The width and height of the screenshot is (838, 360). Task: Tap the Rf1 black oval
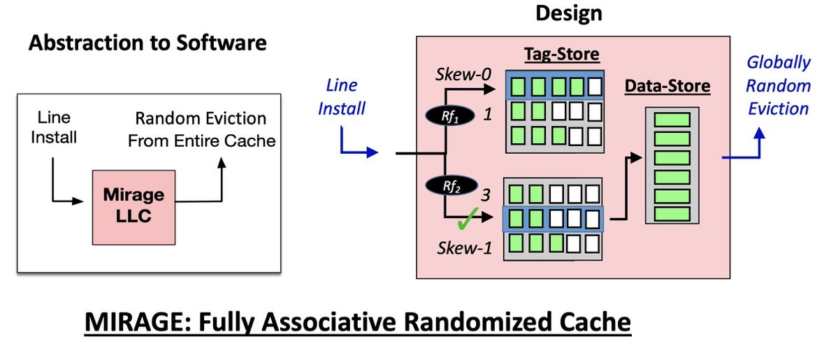[x=450, y=115]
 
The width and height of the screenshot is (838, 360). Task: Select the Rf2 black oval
[x=450, y=187]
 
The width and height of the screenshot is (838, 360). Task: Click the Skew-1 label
[x=464, y=248]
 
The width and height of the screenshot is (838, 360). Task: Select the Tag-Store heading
[x=561, y=55]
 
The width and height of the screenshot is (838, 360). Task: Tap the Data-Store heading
[x=667, y=86]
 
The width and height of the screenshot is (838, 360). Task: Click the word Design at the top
[x=569, y=13]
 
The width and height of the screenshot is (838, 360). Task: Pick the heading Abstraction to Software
[x=147, y=43]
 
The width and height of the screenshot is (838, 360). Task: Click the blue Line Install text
[x=342, y=97]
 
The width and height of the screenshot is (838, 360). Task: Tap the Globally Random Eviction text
[x=778, y=85]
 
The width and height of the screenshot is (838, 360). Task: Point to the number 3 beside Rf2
[x=485, y=195]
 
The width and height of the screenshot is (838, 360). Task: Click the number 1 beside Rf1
[x=487, y=115]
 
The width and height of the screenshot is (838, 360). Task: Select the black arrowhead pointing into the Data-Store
[x=635, y=157]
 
